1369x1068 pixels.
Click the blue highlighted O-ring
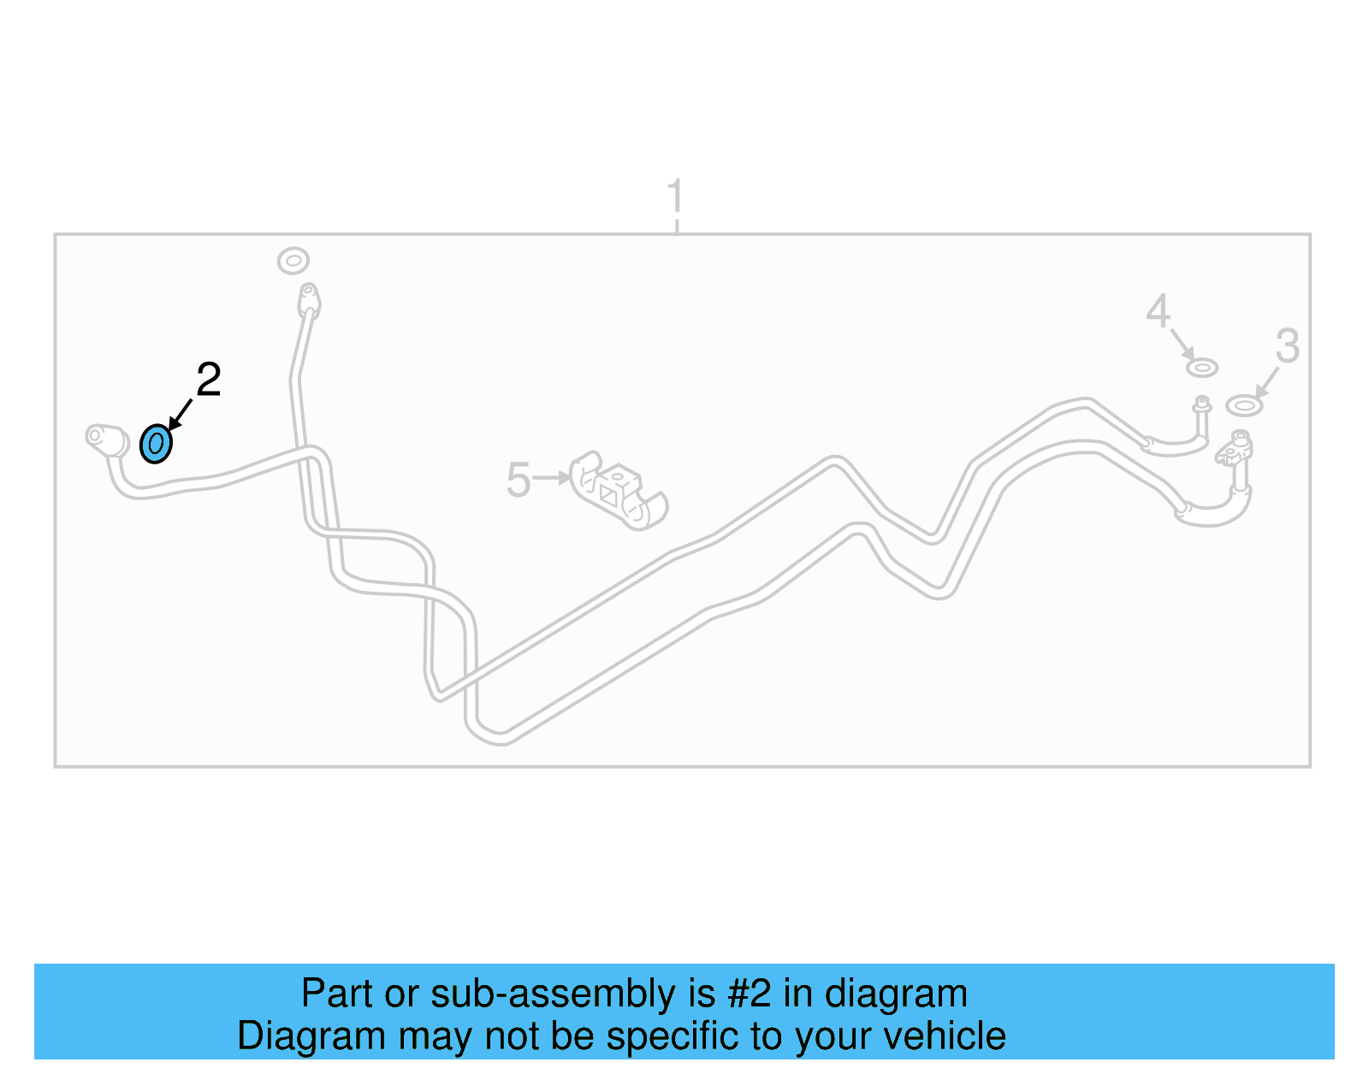156,444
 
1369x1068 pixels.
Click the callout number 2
209,380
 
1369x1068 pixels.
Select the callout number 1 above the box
675,197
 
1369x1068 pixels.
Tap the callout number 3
1287,346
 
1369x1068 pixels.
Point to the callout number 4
1158,311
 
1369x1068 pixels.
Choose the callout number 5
519,480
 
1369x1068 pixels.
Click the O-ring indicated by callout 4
1202,368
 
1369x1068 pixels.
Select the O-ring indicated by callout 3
1243,405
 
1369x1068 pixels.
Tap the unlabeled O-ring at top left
293,260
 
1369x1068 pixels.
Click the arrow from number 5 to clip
551,478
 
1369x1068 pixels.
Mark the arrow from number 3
1266,381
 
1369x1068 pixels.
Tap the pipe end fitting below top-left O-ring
308,300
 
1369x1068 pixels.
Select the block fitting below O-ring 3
1237,447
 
